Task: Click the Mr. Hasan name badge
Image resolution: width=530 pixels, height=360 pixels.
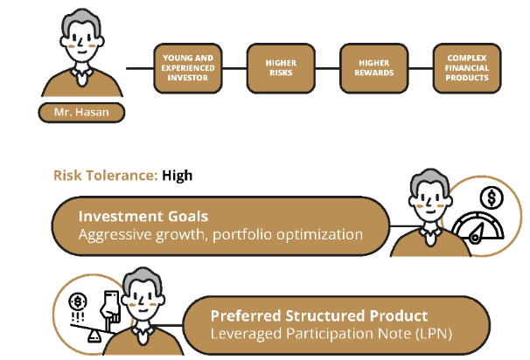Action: click(x=81, y=113)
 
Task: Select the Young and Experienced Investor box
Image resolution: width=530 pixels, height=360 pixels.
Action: click(x=188, y=68)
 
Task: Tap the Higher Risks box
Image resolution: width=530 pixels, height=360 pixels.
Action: click(x=281, y=68)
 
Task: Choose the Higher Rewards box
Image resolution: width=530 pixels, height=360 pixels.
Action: click(x=373, y=68)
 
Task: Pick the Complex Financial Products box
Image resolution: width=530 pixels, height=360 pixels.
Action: click(x=467, y=68)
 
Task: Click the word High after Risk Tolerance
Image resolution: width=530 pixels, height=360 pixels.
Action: click(x=178, y=176)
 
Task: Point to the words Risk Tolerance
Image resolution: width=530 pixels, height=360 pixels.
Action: click(x=106, y=176)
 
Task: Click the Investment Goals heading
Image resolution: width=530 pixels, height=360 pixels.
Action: click(x=143, y=216)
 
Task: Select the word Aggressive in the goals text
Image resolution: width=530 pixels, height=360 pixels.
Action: click(x=115, y=235)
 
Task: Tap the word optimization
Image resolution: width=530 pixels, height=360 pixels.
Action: click(x=320, y=234)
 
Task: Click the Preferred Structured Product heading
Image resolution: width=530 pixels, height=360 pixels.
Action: click(x=319, y=315)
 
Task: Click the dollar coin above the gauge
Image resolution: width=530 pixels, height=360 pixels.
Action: click(x=492, y=198)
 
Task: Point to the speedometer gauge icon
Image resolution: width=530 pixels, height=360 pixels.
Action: click(x=478, y=227)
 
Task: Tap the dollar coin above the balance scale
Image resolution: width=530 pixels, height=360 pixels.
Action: click(x=78, y=301)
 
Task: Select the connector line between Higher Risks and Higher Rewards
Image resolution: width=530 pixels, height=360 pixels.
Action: click(x=327, y=68)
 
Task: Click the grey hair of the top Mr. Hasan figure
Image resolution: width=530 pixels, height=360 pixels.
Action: click(x=81, y=19)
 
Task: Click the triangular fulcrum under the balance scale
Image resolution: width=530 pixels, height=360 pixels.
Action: click(x=94, y=336)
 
